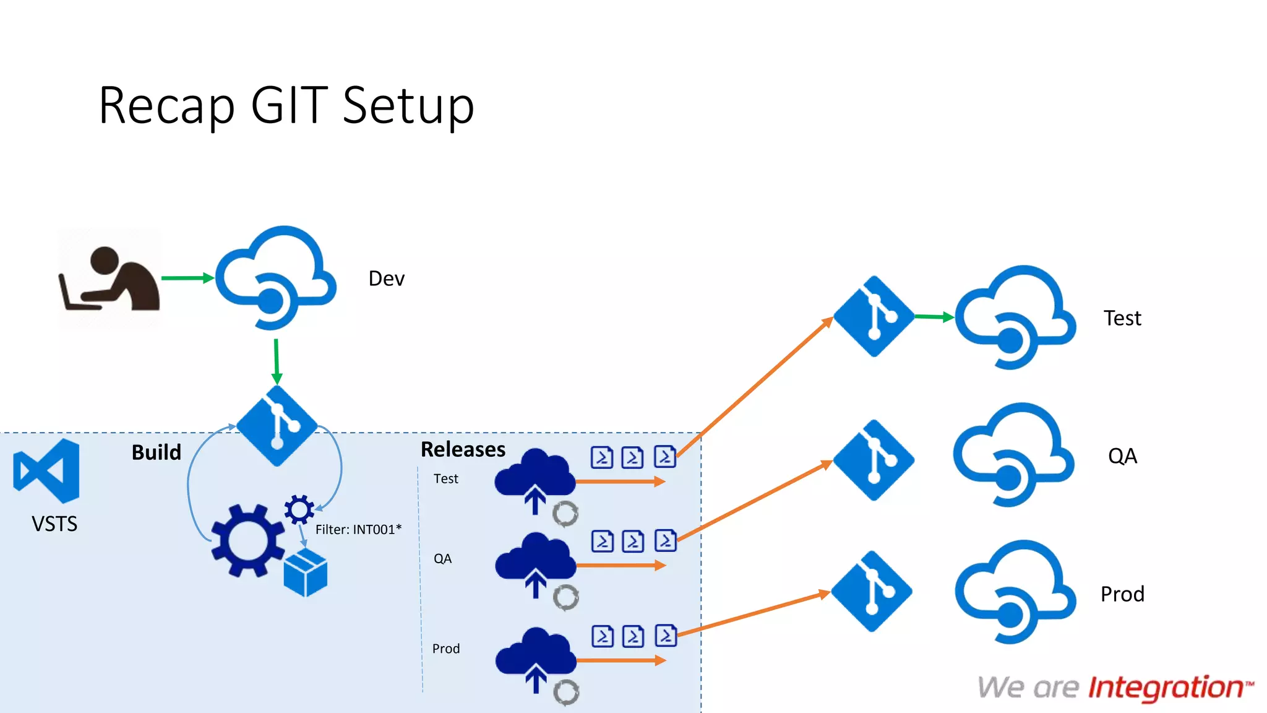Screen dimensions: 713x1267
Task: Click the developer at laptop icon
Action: [110, 279]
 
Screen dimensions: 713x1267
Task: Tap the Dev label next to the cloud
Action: [386, 279]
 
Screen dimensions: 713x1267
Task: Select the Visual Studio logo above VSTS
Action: [47, 470]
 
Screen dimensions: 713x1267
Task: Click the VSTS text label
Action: [54, 524]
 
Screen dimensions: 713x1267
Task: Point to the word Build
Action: [156, 452]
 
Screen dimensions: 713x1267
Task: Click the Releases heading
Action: [463, 449]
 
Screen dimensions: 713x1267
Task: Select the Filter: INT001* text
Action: [358, 529]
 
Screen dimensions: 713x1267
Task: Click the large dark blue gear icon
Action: [247, 540]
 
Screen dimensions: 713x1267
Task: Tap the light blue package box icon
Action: [305, 573]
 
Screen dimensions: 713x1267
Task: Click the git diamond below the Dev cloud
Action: [277, 426]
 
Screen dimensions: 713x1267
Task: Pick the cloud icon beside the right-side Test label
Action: [1015, 318]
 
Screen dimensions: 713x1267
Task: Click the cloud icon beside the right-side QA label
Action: [1013, 456]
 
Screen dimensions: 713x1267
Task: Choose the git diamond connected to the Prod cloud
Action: [872, 591]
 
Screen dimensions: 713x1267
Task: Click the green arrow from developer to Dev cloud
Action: [187, 278]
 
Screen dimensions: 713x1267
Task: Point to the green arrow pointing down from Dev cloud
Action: [277, 361]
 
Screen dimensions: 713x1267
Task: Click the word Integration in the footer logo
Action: [1166, 688]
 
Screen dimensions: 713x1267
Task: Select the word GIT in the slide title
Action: [289, 105]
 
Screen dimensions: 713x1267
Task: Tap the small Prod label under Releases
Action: [446, 649]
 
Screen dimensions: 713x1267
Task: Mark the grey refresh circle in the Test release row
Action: [565, 514]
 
